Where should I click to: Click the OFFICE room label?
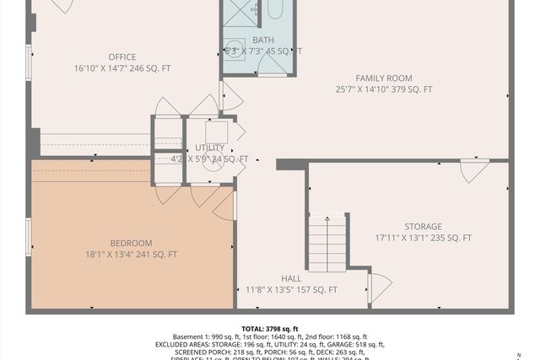[121, 57]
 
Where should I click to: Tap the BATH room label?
[262, 40]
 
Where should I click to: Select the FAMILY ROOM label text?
[383, 78]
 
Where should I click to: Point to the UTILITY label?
[209, 148]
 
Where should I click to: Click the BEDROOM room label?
[131, 243]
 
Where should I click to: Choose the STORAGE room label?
[422, 227]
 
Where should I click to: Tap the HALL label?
[290, 278]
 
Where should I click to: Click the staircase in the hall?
[327, 242]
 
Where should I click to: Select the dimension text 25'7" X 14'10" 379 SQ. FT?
[383, 89]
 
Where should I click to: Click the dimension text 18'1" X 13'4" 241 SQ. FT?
[131, 255]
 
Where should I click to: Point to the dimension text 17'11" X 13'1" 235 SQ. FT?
[423, 239]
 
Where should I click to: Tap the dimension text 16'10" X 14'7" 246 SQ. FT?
[121, 69]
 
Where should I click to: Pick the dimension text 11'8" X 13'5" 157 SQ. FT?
[291, 290]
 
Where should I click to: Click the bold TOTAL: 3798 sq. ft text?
[269, 329]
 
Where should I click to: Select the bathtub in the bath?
[276, 10]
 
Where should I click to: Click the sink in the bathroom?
[235, 46]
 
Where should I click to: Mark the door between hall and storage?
[378, 287]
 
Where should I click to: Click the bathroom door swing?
[229, 96]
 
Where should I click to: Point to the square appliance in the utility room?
[217, 133]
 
